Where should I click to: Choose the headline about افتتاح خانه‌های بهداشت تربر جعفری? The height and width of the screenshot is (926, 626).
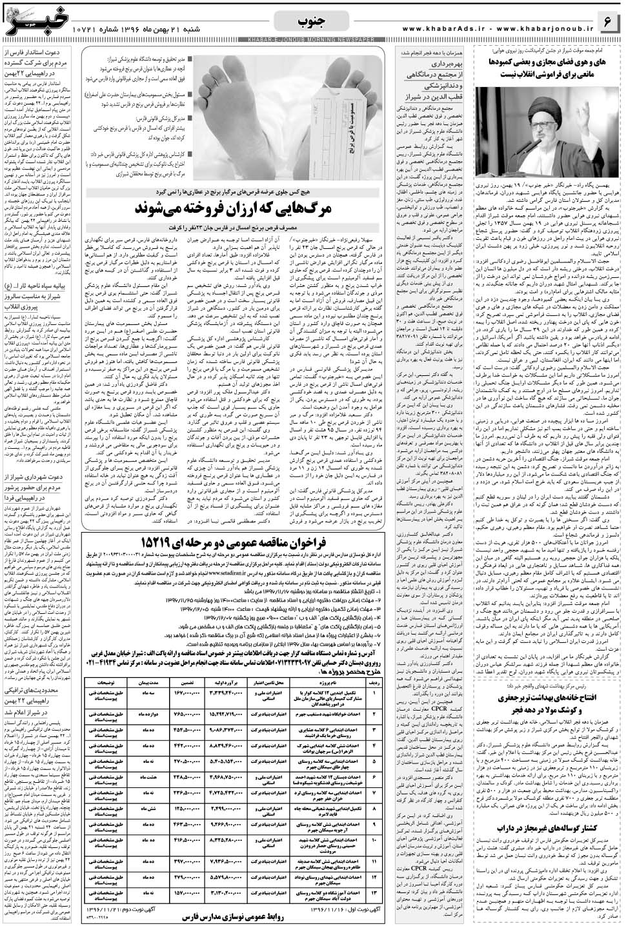(549, 705)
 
